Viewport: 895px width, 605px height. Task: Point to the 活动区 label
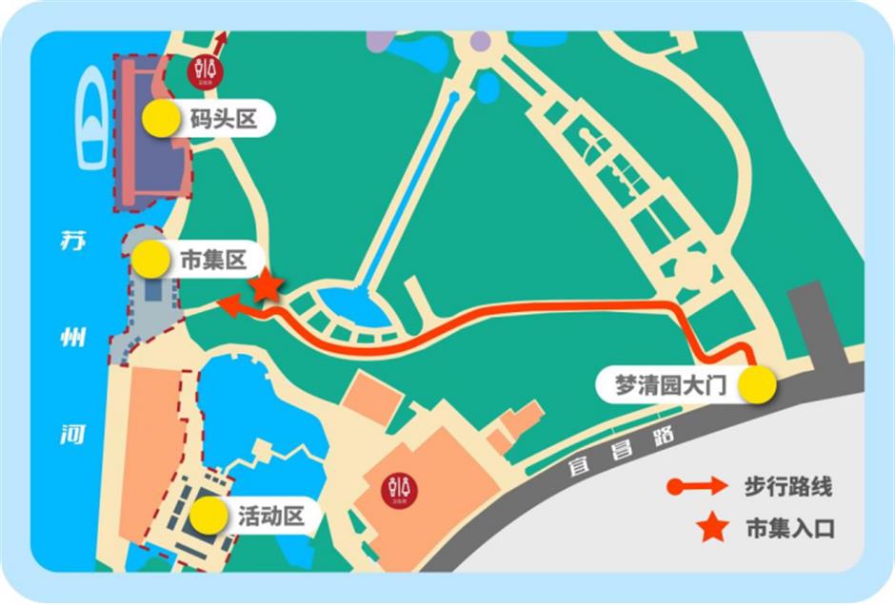click(270, 516)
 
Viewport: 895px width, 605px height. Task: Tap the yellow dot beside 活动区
click(209, 515)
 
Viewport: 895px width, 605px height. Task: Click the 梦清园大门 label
click(671, 386)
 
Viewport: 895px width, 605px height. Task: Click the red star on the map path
click(267, 285)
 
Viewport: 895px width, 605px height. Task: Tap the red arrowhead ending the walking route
click(229, 304)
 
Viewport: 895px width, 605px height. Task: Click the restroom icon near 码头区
click(204, 70)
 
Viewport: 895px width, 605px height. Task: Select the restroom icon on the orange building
click(400, 489)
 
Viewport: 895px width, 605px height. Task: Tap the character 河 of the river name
click(72, 435)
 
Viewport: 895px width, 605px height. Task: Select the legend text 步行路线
click(788, 487)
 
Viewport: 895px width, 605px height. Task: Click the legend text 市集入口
click(788, 528)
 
